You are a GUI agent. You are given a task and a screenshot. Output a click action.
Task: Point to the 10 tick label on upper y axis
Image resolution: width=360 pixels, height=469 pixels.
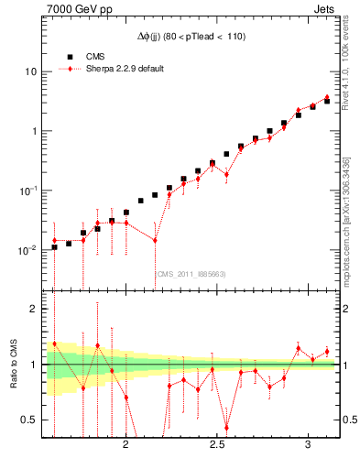click(x=30, y=71)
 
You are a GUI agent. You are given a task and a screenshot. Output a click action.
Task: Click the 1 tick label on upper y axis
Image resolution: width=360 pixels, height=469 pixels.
click(x=33, y=131)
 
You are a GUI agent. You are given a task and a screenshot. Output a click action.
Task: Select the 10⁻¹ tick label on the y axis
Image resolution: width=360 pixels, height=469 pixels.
click(x=27, y=191)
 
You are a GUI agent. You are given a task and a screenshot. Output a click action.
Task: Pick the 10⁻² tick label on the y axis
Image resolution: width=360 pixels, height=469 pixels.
click(x=27, y=250)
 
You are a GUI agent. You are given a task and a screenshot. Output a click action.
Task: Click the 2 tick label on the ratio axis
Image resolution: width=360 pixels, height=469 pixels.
click(x=34, y=309)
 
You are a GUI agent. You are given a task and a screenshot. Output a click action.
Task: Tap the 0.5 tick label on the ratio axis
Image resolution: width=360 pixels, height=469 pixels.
click(x=29, y=420)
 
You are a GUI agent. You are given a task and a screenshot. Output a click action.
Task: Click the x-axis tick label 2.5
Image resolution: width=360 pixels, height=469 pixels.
click(x=217, y=444)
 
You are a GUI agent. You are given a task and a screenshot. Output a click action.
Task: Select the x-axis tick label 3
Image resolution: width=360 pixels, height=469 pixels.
click(x=309, y=444)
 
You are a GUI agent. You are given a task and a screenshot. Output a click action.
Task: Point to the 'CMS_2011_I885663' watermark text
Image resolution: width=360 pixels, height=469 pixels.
click(x=191, y=273)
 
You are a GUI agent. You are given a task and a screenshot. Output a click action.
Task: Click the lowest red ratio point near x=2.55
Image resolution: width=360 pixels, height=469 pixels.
click(x=226, y=427)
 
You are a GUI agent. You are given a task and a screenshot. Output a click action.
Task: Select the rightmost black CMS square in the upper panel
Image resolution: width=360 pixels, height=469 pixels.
click(x=327, y=101)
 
